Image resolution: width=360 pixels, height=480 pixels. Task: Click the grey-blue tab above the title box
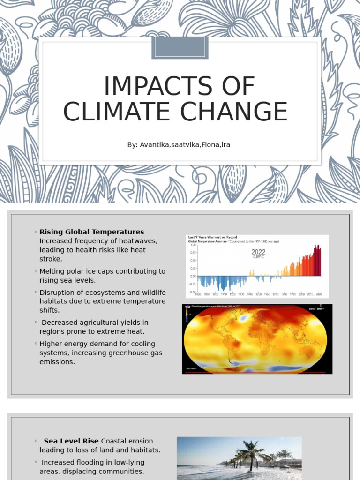pos(180,48)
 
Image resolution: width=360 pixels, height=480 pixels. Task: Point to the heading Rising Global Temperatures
pos(92,232)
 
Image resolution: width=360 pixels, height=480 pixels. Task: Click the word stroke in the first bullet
pos(51,259)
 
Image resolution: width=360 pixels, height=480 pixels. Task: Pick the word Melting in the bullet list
pos(52,271)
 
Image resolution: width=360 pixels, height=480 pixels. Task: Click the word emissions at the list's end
pos(57,362)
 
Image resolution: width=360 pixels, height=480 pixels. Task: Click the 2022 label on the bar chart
pos(258,252)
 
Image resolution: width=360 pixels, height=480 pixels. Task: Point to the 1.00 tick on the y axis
pos(193,245)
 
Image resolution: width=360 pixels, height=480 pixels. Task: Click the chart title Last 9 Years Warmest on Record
pos(212,237)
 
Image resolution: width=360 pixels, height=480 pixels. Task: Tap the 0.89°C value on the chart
pos(258,257)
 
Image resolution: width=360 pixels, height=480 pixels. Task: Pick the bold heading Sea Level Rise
pos(71,441)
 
